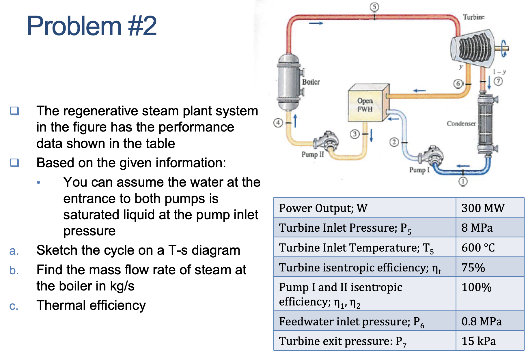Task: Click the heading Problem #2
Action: click(92, 26)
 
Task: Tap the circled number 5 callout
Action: click(374, 7)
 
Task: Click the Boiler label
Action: click(311, 82)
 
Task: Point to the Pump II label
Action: click(313, 154)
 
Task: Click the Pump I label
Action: click(419, 170)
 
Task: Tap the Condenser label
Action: click(461, 123)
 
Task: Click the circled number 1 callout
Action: click(463, 181)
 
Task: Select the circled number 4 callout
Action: click(278, 123)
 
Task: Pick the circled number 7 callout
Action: click(498, 81)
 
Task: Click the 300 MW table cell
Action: click(483, 208)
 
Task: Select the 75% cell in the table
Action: click(473, 267)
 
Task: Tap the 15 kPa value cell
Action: click(479, 341)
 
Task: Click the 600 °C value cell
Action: click(478, 247)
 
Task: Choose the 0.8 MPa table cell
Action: click(482, 321)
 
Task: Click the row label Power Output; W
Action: click(323, 208)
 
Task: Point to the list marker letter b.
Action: click(14, 270)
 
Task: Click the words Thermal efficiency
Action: click(91, 305)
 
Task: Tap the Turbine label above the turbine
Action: click(473, 17)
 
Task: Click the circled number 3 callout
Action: click(355, 134)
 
